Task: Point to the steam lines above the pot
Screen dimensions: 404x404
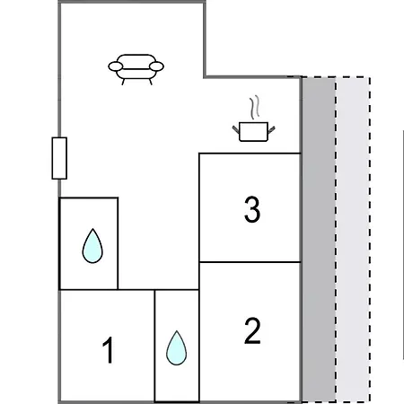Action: tap(255, 107)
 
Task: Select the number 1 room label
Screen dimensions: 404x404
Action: tap(108, 350)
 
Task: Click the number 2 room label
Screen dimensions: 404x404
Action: tap(252, 331)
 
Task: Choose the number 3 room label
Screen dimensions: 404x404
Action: tap(252, 209)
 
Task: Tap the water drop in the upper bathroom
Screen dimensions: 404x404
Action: tap(92, 246)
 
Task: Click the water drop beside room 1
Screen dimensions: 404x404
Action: tap(177, 348)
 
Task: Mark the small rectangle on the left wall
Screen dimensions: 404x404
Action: tap(59, 158)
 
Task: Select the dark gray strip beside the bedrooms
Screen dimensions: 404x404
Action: tap(319, 240)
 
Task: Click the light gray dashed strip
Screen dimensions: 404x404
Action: tap(353, 240)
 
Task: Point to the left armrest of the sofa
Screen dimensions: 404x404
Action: tap(116, 66)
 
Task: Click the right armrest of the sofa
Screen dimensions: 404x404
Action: tap(156, 66)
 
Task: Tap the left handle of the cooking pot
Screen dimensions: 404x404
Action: tap(236, 129)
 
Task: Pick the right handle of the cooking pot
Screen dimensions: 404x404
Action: tap(271, 130)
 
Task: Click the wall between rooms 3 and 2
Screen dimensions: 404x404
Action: tap(250, 262)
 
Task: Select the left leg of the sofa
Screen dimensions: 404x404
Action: tap(123, 82)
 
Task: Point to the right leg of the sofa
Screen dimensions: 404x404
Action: tap(151, 82)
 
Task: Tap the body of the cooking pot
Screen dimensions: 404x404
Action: tap(253, 132)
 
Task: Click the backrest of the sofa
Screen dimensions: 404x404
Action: tap(136, 61)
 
